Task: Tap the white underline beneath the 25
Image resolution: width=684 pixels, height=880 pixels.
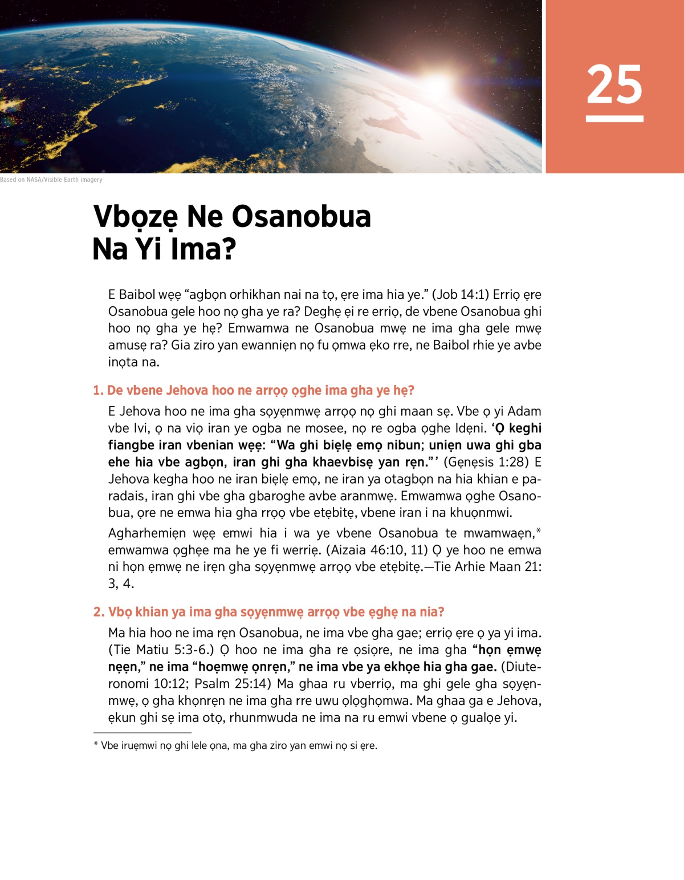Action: click(614, 119)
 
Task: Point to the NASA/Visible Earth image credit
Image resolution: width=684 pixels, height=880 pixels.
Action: click(51, 180)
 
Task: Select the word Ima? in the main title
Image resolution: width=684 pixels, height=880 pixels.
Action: click(203, 249)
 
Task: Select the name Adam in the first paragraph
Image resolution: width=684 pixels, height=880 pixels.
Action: click(524, 412)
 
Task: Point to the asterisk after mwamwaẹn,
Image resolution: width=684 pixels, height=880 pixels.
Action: click(539, 532)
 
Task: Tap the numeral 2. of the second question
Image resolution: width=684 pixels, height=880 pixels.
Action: click(99, 612)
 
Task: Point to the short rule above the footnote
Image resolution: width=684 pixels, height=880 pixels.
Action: click(142, 733)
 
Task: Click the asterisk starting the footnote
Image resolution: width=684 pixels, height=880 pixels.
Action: click(96, 745)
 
